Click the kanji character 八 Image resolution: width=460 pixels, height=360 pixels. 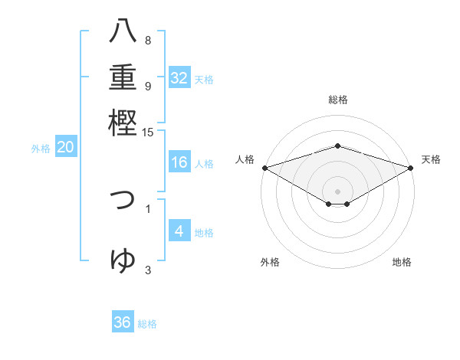(123, 32)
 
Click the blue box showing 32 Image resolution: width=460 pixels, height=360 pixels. (179, 78)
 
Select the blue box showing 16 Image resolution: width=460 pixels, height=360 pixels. (179, 162)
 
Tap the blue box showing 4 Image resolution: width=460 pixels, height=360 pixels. (179, 231)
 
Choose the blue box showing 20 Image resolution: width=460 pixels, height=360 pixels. (65, 148)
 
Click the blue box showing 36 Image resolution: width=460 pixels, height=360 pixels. (123, 322)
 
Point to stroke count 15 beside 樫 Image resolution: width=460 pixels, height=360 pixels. (148, 132)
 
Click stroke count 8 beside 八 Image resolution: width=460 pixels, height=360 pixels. (148, 40)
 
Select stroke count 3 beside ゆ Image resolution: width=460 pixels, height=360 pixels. (148, 269)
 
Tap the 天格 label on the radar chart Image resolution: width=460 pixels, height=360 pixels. (431, 159)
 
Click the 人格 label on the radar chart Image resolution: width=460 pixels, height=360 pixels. (245, 159)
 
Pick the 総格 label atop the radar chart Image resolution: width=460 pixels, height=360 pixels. (337, 100)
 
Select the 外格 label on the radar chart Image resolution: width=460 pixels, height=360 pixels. (270, 263)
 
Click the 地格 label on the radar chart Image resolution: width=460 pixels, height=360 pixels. (402, 263)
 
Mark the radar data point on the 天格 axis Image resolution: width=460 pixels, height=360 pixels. (412, 167)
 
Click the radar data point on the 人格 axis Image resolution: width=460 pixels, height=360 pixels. (264, 167)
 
